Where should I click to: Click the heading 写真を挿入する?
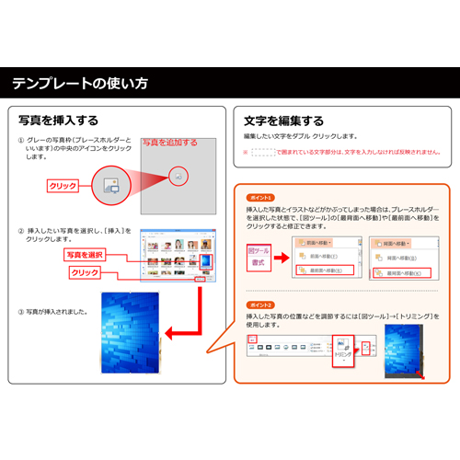(58, 121)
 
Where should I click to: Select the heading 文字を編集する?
(283, 121)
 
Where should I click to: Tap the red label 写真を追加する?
(169, 143)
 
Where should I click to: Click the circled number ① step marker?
(20, 141)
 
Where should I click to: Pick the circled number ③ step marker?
(20, 311)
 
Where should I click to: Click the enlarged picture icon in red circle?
(178, 175)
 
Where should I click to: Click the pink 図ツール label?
(260, 250)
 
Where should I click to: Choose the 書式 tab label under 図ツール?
(259, 265)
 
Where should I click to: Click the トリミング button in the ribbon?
(343, 351)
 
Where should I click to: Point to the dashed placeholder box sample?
(262, 152)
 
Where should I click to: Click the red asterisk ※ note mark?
(246, 153)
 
